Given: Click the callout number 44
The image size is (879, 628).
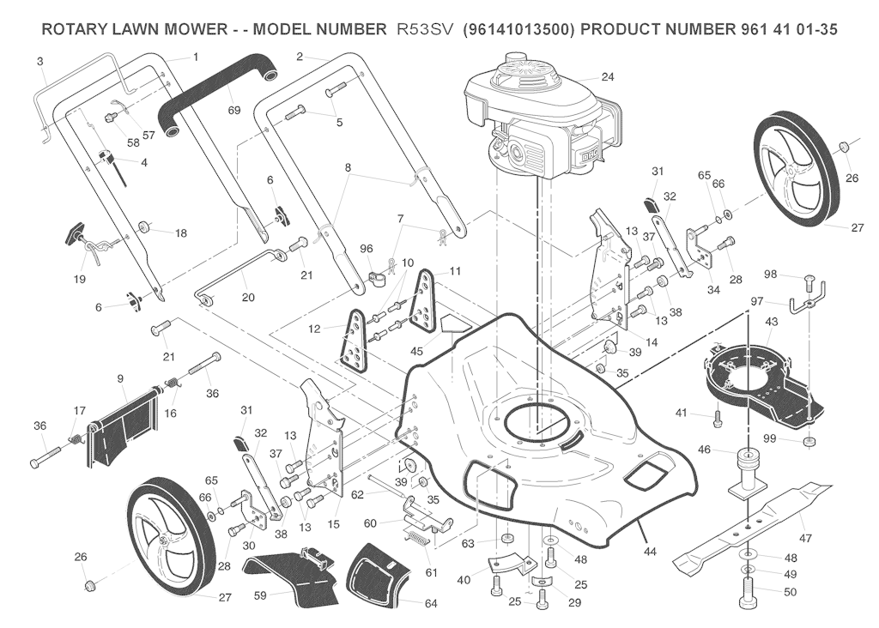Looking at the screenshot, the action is click(649, 552).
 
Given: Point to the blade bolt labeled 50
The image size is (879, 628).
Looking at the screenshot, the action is click(747, 593).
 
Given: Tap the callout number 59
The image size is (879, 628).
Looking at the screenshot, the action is click(260, 596).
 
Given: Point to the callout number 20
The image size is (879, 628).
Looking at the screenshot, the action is click(248, 298).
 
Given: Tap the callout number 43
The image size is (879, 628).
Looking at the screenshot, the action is click(772, 322).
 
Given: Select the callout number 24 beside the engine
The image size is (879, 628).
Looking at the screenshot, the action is click(608, 76).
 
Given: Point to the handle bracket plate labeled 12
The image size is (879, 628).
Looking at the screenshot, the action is click(355, 341).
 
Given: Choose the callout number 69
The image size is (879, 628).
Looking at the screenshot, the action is click(233, 111).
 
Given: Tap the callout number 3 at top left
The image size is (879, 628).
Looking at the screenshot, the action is click(39, 62).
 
